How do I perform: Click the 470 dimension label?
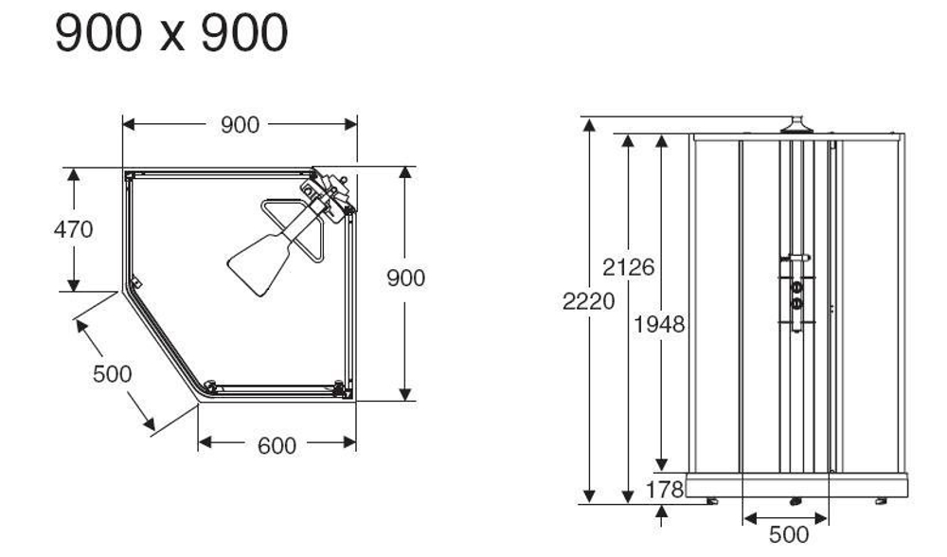[x=75, y=229]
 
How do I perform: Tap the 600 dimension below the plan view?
[x=277, y=445]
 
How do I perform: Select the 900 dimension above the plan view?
[x=240, y=125]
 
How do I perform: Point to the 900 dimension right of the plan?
[x=406, y=278]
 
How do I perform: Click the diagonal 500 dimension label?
[x=112, y=373]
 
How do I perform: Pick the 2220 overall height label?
[x=588, y=302]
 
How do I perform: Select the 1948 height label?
[x=659, y=325]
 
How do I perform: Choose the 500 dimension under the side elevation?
[x=787, y=535]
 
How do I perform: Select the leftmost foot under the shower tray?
[x=712, y=501]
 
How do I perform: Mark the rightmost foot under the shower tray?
[x=883, y=501]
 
